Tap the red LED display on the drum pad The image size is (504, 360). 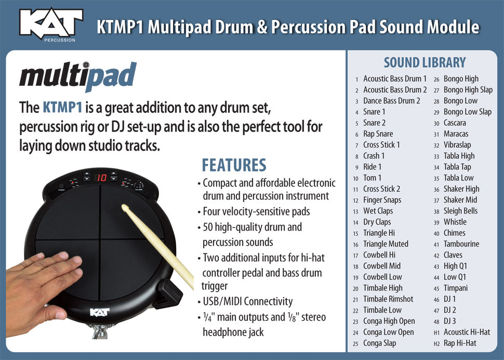[101, 178]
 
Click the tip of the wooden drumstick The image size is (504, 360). [125, 208]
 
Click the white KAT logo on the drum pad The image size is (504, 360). [100, 312]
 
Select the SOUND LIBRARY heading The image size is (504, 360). [425, 63]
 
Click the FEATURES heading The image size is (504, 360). [234, 165]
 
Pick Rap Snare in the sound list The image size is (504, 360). [378, 134]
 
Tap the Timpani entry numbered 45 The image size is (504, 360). [455, 288]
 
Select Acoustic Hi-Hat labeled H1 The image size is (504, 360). [466, 332]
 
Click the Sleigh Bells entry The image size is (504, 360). [460, 211]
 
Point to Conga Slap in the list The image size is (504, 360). [379, 343]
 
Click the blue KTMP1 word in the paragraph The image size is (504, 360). [62, 108]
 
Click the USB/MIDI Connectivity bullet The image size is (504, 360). [247, 301]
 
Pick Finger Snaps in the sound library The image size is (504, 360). [382, 200]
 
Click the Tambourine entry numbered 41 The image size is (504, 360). [461, 244]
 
